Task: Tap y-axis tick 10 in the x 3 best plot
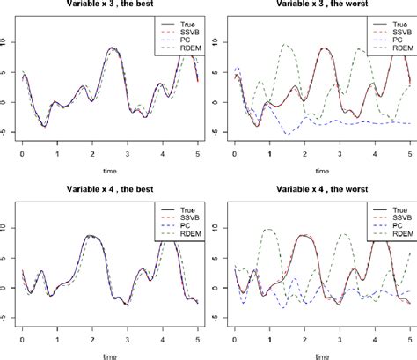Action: tap(6, 40)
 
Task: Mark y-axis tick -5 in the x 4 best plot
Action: tap(6, 317)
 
